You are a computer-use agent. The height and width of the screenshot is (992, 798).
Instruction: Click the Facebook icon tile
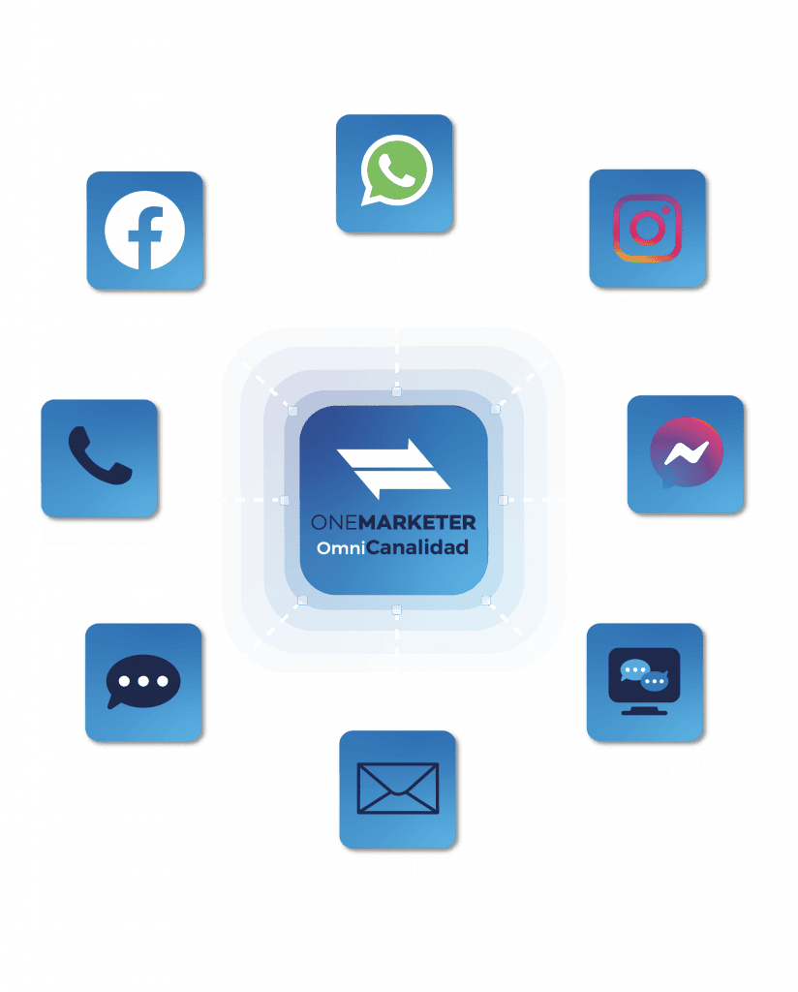[145, 231]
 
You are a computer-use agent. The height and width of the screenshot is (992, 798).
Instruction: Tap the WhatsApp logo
[396, 170]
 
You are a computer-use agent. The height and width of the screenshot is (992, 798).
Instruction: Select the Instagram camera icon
[647, 229]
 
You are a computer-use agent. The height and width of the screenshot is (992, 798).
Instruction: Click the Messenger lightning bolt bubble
[686, 452]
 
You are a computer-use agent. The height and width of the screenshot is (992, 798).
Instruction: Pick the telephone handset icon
[100, 455]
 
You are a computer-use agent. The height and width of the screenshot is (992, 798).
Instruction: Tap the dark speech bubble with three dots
[143, 681]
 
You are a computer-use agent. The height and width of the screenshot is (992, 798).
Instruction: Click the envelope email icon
[398, 789]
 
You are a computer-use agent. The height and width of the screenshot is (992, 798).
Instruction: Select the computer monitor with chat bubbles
[644, 681]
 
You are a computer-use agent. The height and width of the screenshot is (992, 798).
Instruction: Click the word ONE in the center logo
[334, 522]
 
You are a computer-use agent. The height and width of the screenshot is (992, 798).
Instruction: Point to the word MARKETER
[417, 522]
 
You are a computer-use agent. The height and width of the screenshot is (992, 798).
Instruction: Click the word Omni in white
[341, 548]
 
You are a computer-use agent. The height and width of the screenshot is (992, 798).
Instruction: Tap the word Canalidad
[417, 547]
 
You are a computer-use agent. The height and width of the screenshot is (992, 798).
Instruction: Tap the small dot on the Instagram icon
[666, 210]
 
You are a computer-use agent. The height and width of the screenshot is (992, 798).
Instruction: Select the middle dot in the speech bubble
[143, 681]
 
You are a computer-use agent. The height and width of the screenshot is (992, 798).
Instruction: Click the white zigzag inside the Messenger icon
[686, 451]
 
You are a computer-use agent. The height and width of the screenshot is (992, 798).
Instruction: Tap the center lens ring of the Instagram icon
[647, 229]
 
